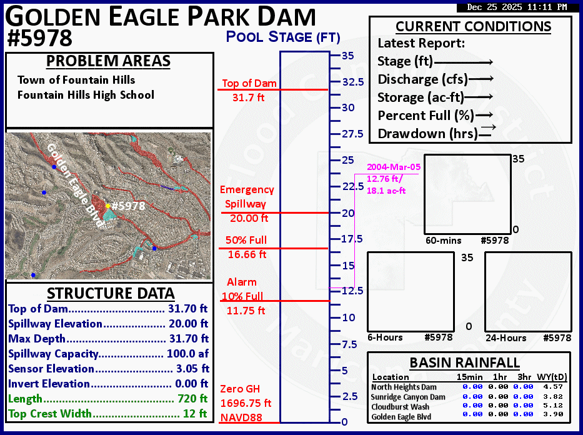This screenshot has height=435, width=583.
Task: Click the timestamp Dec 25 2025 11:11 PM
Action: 517,7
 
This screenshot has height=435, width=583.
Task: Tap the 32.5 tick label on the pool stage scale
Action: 353,82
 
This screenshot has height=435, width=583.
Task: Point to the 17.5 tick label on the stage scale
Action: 352,239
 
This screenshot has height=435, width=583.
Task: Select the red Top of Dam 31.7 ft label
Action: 249,91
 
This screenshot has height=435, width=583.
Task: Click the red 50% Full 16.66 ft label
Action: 247,247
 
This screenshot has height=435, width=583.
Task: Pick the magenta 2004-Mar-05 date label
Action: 394,167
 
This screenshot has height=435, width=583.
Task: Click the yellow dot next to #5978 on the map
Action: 108,206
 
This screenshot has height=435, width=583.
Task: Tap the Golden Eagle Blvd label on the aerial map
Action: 74,185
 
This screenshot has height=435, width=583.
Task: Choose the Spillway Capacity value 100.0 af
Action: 187,354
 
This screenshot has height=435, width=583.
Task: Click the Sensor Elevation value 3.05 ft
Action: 192,369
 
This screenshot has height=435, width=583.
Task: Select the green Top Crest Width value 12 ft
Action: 195,413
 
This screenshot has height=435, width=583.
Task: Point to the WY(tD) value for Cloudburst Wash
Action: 553,405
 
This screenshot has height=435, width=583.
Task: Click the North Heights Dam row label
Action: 404,387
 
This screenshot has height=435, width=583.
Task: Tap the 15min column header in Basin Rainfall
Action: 470,377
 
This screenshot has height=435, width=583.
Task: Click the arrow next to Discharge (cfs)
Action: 481,79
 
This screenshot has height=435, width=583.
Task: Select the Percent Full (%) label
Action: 426,115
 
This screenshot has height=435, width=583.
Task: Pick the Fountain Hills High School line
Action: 86,95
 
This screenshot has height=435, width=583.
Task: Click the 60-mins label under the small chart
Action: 443,241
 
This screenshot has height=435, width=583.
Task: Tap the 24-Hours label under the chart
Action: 506,338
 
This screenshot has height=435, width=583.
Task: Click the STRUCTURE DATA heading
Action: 111,293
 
